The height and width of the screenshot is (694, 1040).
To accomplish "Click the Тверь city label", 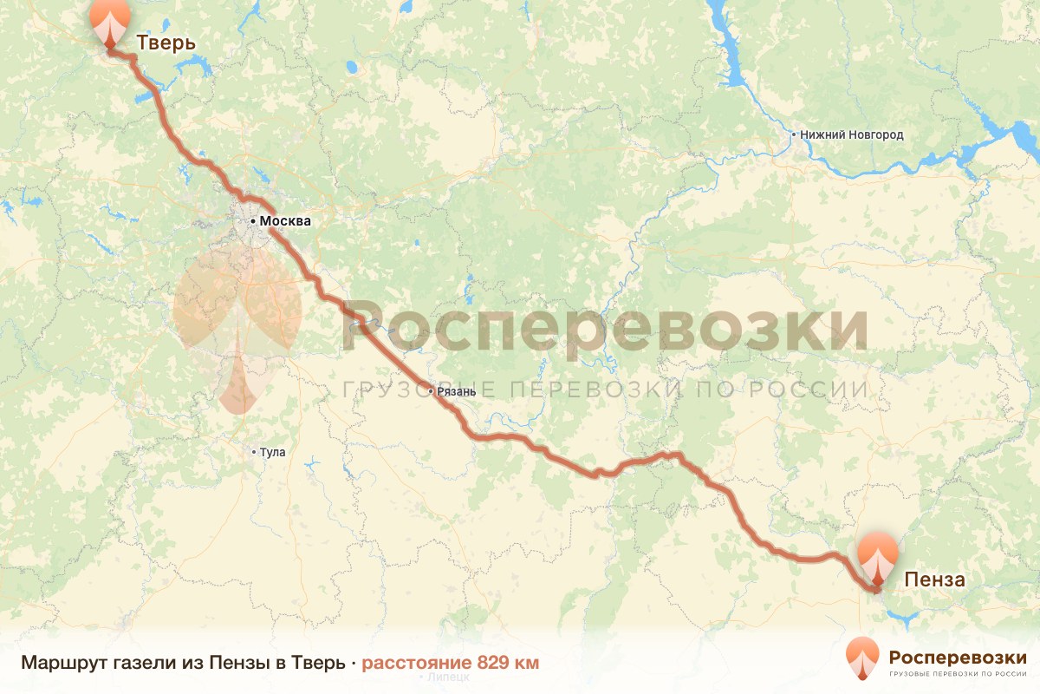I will [x=166, y=43].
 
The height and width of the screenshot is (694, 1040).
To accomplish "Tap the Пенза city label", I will [x=934, y=579].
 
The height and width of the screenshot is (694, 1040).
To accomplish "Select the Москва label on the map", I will [x=285, y=221].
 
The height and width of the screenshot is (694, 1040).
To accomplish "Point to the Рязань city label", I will [x=457, y=391].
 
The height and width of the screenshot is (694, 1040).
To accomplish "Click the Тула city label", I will [x=272, y=452].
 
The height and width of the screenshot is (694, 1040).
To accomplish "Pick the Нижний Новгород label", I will [x=852, y=135].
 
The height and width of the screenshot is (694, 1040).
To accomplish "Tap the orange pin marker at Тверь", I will [x=109, y=22].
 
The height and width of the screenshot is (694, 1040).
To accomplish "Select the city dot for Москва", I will [x=253, y=222].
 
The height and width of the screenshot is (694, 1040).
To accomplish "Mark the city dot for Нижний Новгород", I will [x=794, y=135].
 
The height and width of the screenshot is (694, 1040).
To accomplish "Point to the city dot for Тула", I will [x=254, y=452].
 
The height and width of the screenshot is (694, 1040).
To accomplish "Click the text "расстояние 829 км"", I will [x=450, y=663].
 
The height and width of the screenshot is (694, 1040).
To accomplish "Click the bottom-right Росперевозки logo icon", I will [x=862, y=658].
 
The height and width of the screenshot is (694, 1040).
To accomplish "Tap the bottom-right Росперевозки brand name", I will [x=958, y=656].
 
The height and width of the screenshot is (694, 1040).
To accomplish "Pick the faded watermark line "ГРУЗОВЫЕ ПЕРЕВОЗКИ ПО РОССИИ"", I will [x=605, y=390].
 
